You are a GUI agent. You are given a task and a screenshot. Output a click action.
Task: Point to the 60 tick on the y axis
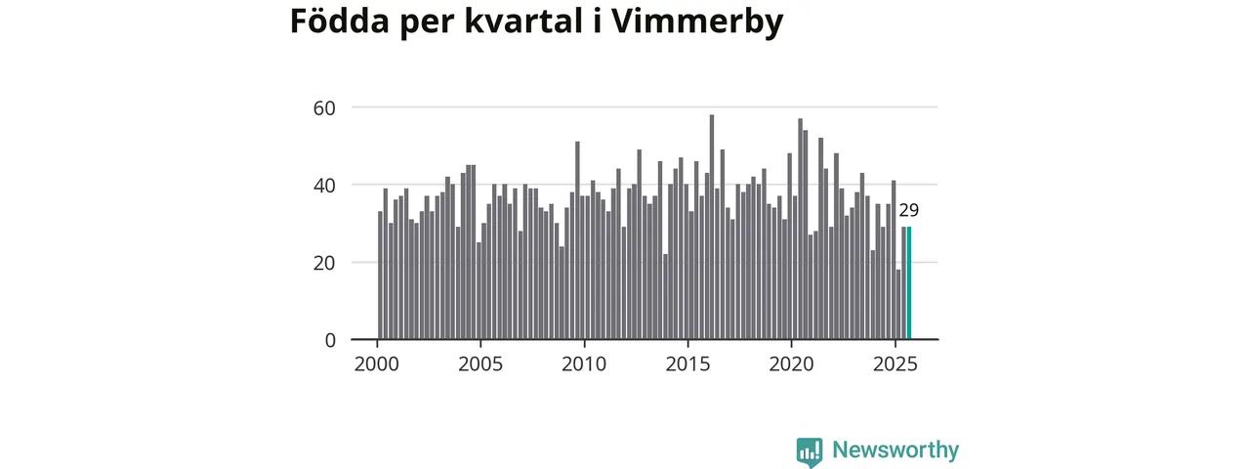point(323,107)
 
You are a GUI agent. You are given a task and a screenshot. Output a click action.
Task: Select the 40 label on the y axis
point(323,185)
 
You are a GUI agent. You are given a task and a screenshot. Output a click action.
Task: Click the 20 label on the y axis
point(323,262)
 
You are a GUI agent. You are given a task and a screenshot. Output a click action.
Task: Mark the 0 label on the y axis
point(329,340)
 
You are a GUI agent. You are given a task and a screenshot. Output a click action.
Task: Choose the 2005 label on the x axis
point(481,365)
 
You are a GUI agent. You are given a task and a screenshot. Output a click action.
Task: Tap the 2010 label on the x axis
point(585,365)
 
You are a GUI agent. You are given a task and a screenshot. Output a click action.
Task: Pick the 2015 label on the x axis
point(688,365)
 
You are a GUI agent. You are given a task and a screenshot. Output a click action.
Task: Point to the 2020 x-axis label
point(792,365)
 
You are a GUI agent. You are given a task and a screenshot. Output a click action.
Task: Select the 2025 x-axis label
point(896,365)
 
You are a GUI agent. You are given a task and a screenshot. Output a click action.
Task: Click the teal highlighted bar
point(909,283)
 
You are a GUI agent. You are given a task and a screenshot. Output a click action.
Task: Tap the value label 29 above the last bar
point(909,210)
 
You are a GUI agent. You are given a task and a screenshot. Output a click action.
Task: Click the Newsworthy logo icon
point(810,450)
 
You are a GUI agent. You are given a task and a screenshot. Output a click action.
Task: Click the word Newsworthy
point(896,450)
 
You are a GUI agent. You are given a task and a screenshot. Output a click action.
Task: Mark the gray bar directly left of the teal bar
point(903,283)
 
